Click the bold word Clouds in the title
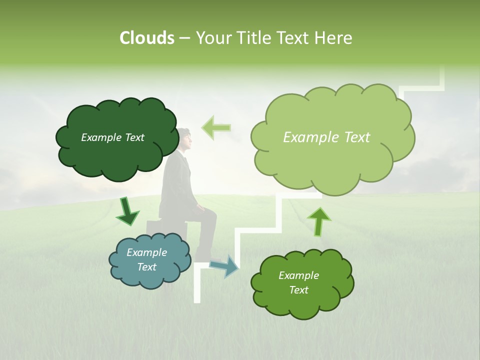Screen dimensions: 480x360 (146, 38)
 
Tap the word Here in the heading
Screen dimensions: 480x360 (334, 38)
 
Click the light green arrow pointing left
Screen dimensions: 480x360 (216, 127)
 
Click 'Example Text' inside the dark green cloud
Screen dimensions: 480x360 (112, 137)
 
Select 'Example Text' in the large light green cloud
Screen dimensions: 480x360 (326, 137)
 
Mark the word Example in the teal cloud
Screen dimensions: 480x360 (146, 252)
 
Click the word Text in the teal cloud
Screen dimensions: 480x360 (146, 267)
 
